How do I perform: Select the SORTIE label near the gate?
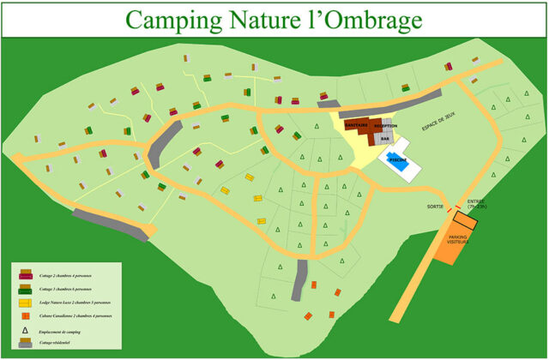pyautogui.click(x=435, y=207)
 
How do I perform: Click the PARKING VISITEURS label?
pyautogui.click(x=458, y=239)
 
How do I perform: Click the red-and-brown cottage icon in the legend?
pyautogui.click(x=27, y=275)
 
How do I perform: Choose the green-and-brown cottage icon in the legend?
pyautogui.click(x=27, y=289)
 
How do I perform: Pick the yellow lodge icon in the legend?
pyautogui.click(x=27, y=303)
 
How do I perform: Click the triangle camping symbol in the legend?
pyautogui.click(x=26, y=330)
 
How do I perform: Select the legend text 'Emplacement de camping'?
pyautogui.click(x=65, y=331)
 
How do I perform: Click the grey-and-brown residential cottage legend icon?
pyautogui.click(x=26, y=343)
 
